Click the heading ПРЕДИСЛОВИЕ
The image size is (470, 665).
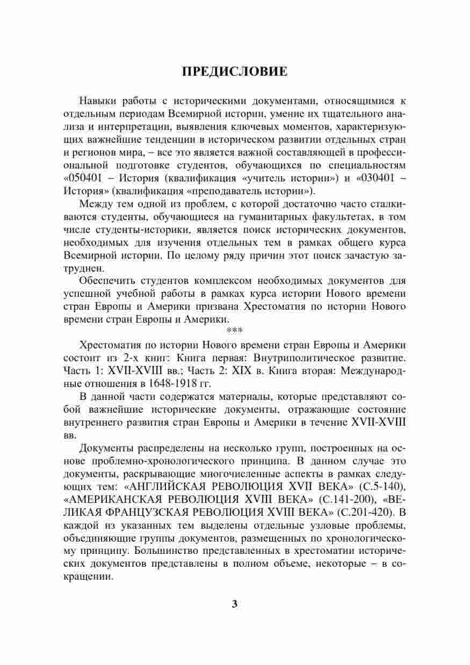[x=235, y=72]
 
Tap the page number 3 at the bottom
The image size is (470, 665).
[x=234, y=603]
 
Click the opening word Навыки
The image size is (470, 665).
[x=96, y=101]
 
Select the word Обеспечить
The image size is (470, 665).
[x=106, y=281]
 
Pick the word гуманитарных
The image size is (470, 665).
[x=266, y=217]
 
